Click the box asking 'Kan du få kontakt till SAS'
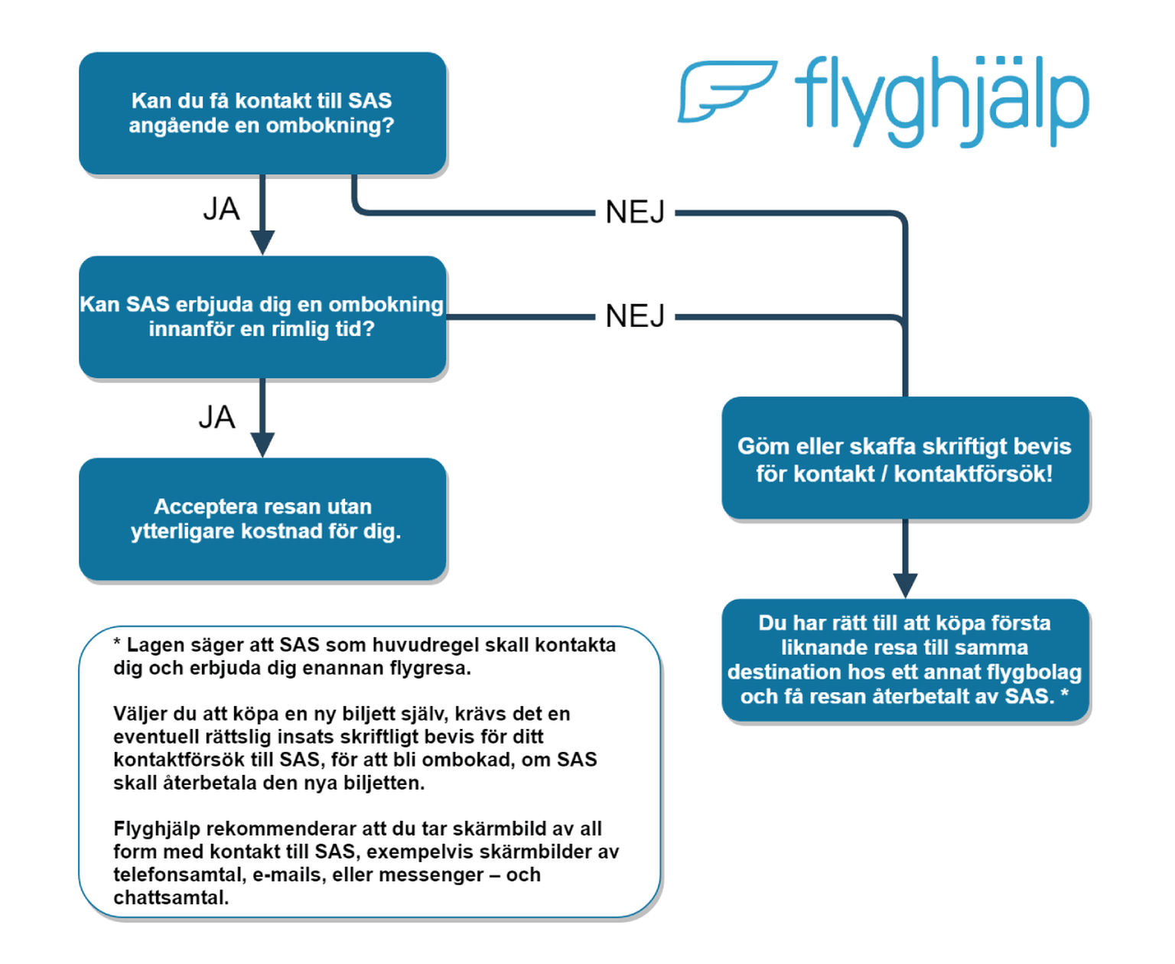click(262, 113)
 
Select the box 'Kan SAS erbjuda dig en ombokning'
click(262, 317)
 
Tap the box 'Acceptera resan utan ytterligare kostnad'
click(262, 519)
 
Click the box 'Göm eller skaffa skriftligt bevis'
click(905, 459)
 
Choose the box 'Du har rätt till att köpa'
click(905, 659)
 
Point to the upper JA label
click(221, 209)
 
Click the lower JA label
click(216, 418)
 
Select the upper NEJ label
click(635, 213)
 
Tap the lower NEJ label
click(635, 316)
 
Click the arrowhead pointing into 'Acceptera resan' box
click(262, 445)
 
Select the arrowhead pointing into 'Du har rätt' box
click(905, 585)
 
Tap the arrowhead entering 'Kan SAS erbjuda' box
click(262, 242)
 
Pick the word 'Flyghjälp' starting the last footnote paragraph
click(157, 829)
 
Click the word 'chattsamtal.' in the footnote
click(171, 897)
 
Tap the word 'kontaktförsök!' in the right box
click(973, 474)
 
